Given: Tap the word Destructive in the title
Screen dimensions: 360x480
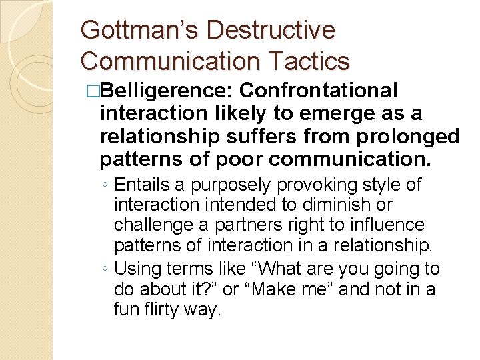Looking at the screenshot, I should coord(271,30).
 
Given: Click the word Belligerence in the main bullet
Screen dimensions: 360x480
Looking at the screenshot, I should coord(166,90).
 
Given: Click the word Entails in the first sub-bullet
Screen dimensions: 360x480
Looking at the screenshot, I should coord(137,184).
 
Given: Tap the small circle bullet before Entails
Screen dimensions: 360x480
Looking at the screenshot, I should coord(106,185).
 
